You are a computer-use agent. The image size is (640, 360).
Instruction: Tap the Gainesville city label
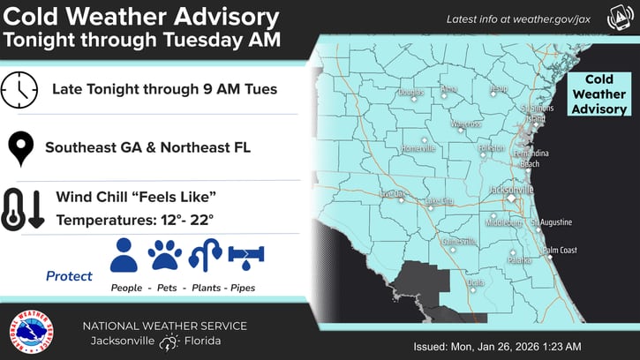click(458, 241)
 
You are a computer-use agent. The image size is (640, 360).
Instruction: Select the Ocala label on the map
click(477, 282)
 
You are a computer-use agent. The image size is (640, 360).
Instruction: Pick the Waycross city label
click(464, 124)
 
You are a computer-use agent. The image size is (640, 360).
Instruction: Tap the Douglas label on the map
click(410, 92)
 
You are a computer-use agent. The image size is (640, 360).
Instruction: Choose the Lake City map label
click(439, 201)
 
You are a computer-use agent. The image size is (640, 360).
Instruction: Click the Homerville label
click(418, 148)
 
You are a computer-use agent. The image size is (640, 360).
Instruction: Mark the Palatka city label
click(520, 260)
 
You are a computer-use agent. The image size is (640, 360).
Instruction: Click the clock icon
click(19, 89)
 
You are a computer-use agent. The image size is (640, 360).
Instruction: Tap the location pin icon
click(19, 147)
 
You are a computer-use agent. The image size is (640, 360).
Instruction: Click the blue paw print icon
click(165, 255)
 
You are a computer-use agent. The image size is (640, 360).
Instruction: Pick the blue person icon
click(124, 255)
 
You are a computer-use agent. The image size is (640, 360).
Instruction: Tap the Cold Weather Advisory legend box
click(599, 94)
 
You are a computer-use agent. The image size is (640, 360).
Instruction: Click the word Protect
click(69, 276)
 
